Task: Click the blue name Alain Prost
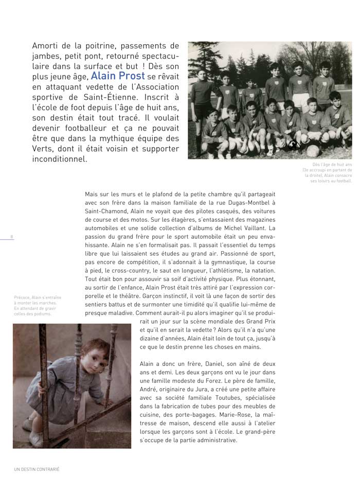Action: coord(118,77)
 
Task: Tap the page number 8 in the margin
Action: coord(11,236)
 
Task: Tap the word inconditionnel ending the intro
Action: coord(60,159)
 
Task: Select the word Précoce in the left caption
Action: coord(22,297)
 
